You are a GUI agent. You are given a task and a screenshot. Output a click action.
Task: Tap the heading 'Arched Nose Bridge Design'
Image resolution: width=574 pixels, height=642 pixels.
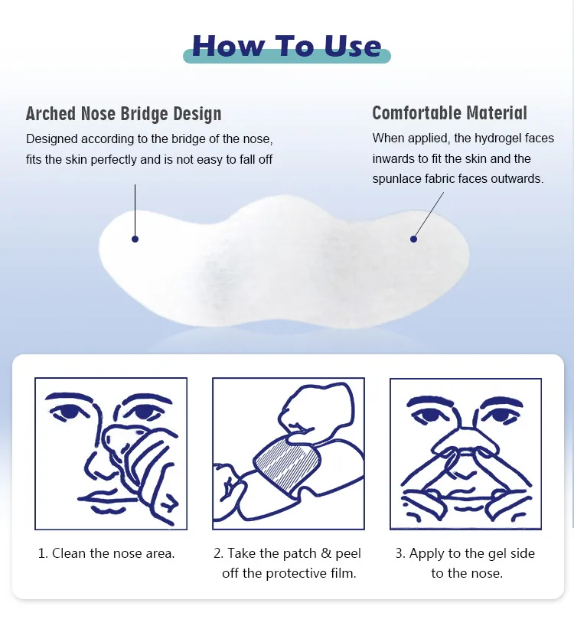pos(124,113)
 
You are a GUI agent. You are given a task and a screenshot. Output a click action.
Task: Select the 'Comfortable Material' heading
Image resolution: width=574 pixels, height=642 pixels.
pos(449,112)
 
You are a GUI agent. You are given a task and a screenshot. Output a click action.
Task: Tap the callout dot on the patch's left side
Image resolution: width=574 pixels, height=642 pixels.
pos(135,239)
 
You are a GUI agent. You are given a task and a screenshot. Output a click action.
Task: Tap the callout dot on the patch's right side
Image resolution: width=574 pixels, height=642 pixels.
pos(413,239)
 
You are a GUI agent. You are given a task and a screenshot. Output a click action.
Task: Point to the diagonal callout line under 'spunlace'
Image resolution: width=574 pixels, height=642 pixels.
pos(429,215)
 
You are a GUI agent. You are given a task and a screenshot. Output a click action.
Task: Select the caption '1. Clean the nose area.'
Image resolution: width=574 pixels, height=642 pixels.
pos(106,553)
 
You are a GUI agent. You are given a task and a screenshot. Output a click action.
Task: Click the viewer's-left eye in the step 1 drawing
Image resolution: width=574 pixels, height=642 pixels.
pos(70,412)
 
